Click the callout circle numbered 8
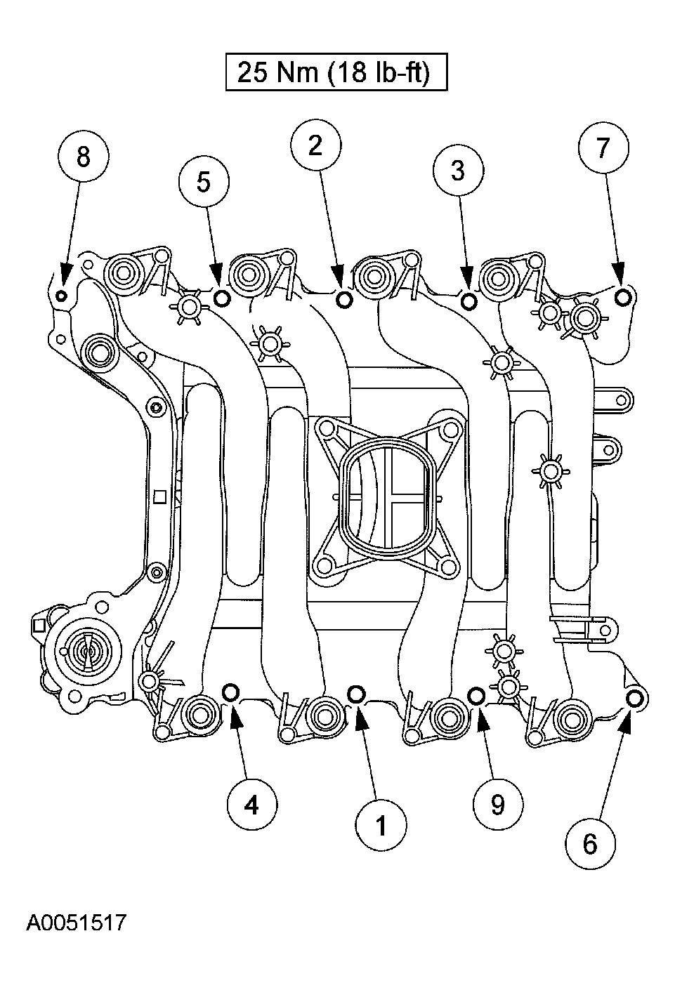tap(83, 157)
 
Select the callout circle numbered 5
tap(203, 182)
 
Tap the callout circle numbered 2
tap(316, 145)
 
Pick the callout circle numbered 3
tap(458, 170)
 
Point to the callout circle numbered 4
tap(251, 804)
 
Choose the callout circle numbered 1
tap(380, 826)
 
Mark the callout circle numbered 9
tap(497, 805)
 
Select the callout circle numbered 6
tap(589, 843)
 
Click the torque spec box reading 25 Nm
tap(336, 72)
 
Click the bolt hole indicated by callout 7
tap(623, 298)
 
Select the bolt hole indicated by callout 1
tap(356, 694)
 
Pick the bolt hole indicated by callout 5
tap(221, 299)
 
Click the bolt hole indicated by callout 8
tap(62, 295)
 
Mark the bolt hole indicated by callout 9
tap(476, 695)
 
